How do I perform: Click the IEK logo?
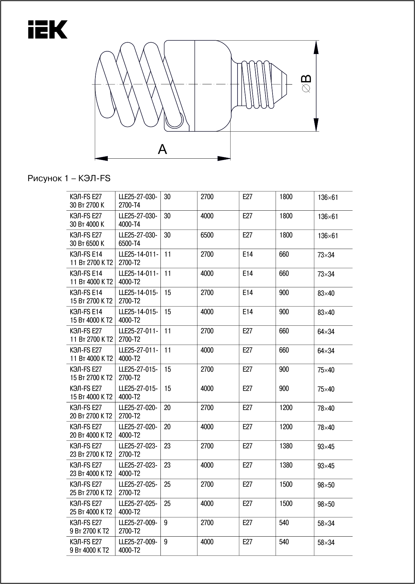point(48,29)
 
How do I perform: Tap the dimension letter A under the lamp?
point(162,149)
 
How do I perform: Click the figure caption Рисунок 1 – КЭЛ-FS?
point(69,179)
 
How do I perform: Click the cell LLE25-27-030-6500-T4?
point(137,239)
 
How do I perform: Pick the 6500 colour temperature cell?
point(207,235)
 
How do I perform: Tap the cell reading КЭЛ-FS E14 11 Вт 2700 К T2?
point(91,258)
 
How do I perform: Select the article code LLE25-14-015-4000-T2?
point(137,316)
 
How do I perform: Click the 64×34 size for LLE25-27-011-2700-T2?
point(326,332)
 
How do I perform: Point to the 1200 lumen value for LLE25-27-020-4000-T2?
point(286,427)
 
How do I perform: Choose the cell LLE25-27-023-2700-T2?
point(137,450)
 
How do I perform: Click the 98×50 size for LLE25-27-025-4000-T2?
point(326,504)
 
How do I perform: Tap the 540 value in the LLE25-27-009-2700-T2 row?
point(284,523)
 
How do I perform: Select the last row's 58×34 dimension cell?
point(326,543)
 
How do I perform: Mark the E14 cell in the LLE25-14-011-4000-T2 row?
point(248,274)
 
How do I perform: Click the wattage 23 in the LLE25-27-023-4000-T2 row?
point(167,465)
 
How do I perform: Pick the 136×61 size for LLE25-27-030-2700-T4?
point(328,198)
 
